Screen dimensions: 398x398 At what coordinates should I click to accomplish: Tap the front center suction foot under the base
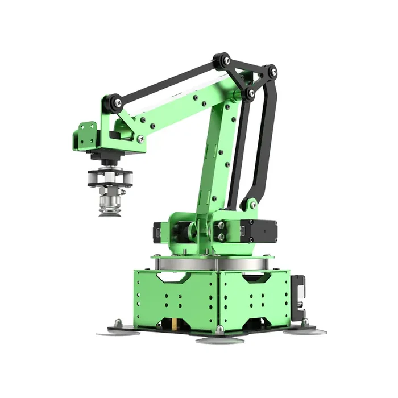tap(220, 339)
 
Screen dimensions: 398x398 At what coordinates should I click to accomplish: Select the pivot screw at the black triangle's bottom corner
tap(251, 93)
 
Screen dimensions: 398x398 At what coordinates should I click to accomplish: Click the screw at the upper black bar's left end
tap(117, 103)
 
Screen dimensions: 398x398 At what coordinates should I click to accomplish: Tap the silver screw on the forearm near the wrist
tap(140, 138)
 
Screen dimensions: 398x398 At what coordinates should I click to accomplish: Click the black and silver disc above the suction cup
tap(110, 178)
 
